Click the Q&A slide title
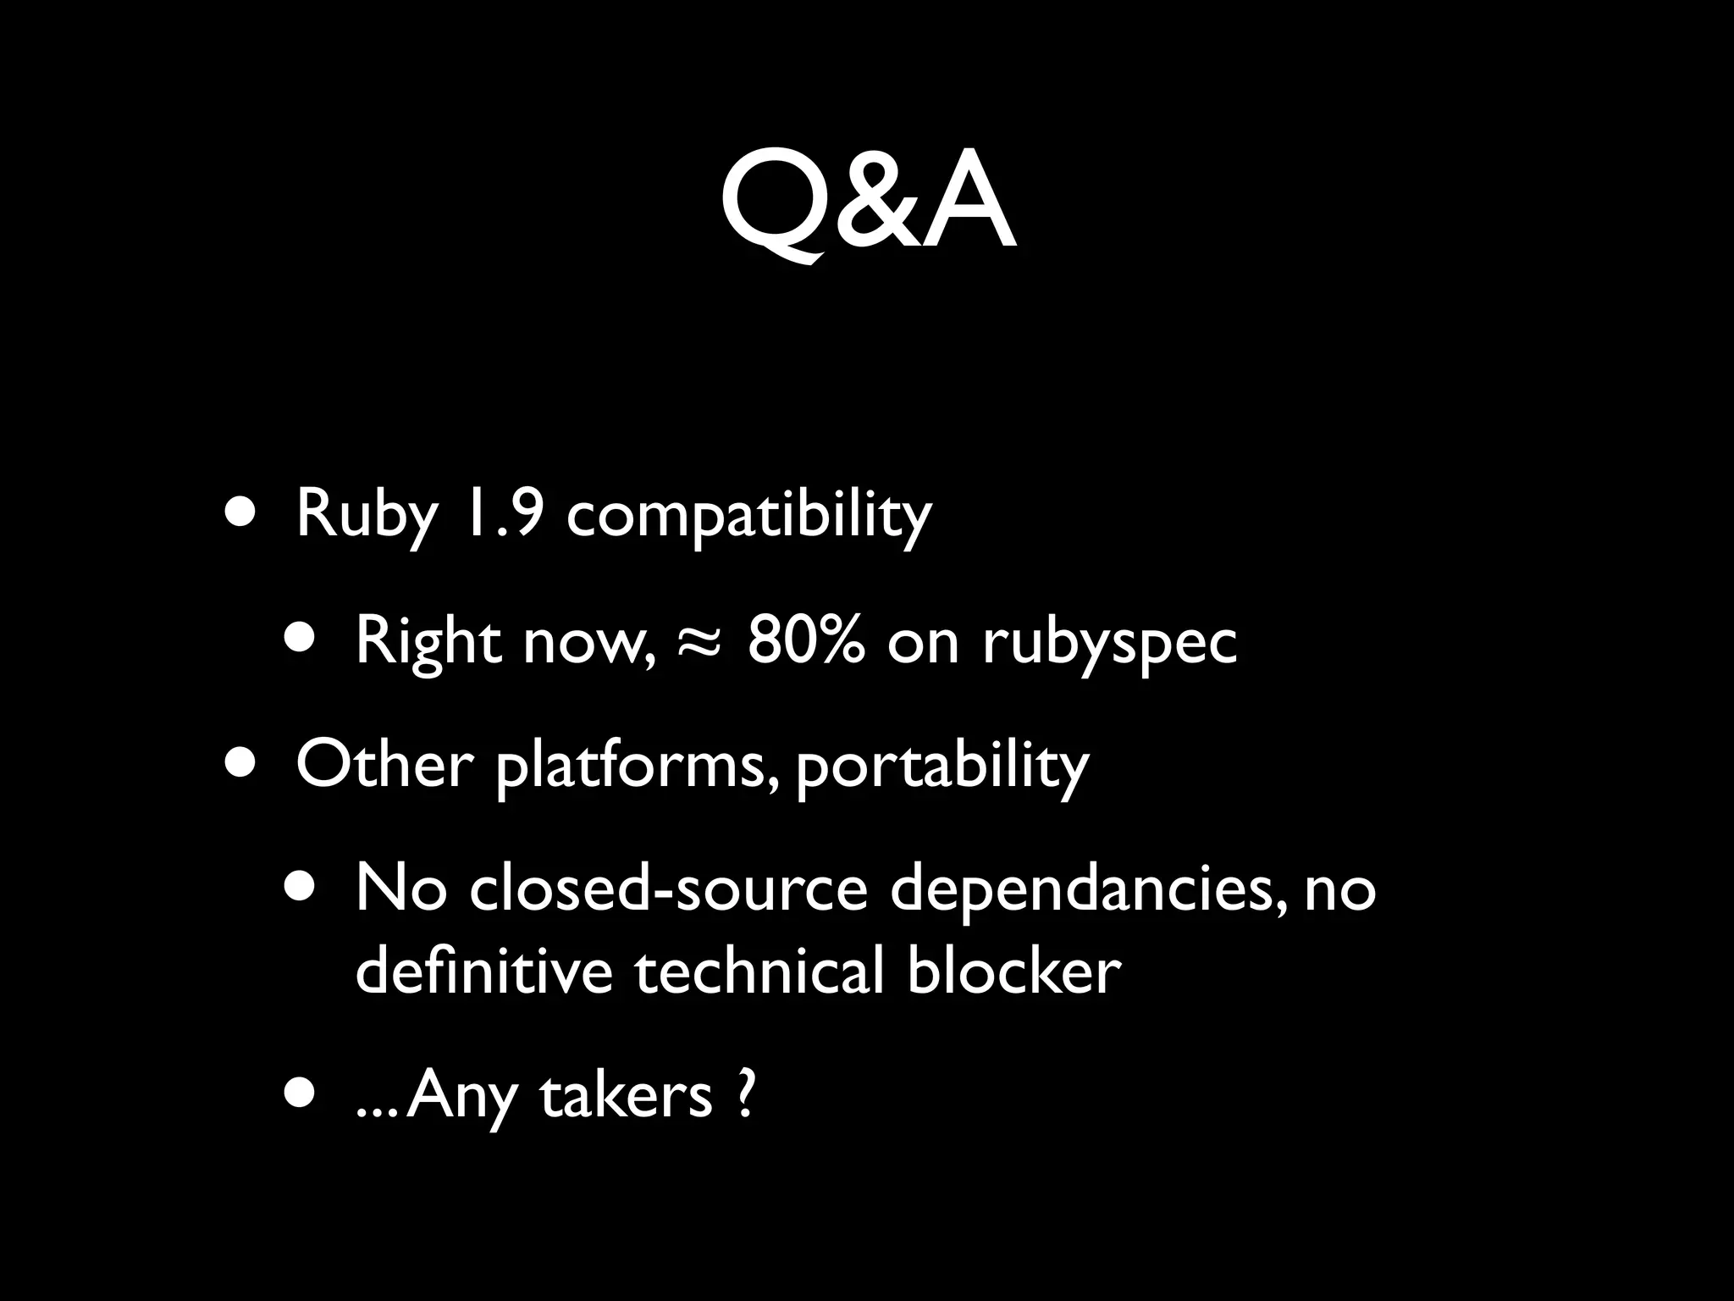867,203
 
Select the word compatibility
748,514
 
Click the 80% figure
806,641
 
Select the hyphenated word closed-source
668,889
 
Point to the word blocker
1013,971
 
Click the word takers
626,1095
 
